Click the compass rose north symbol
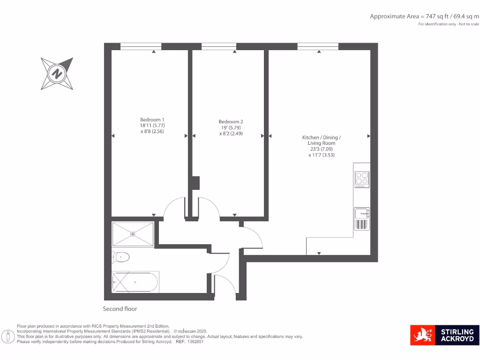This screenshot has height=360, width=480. pos(57,74)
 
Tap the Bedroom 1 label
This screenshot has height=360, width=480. pos(152,120)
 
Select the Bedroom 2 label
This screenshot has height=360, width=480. pos(231,121)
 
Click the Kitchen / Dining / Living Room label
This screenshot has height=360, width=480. pos(322,140)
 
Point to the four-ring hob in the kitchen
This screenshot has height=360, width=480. pos(361,179)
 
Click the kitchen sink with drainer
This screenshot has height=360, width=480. pos(361,219)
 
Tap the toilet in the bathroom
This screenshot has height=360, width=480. pos(121,256)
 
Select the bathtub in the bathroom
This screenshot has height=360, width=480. pos(135,282)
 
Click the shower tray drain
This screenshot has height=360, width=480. pos(133,233)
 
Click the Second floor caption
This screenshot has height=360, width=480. pos(120,309)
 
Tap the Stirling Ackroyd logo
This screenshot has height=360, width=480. pos(444,335)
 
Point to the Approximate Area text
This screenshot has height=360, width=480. pos(424,16)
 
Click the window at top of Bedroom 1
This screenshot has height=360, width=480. pos(141,46)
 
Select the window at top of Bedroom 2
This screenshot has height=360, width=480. pos(219,46)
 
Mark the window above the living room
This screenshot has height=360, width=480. pos(318,46)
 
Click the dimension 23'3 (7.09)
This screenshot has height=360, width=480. pos(322,149)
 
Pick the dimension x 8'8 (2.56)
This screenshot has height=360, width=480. pos(152,132)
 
